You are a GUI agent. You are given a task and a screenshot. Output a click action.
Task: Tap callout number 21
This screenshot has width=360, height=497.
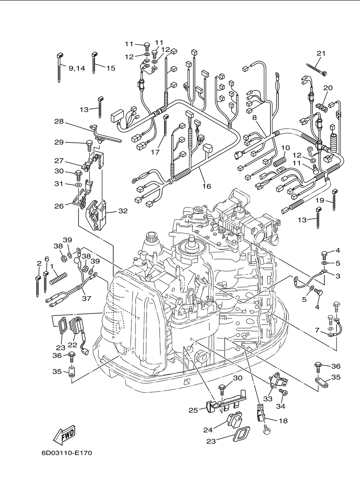[x=321, y=53]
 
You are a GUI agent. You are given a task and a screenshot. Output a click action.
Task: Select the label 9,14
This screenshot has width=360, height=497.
[x=77, y=68]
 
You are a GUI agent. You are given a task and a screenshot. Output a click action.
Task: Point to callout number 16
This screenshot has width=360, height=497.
[x=206, y=186]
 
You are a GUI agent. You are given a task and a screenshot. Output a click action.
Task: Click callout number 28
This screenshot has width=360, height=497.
[x=59, y=122]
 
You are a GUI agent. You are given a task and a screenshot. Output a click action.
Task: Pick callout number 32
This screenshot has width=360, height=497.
[x=123, y=211]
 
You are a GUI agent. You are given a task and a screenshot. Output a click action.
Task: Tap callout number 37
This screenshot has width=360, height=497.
[x=86, y=298]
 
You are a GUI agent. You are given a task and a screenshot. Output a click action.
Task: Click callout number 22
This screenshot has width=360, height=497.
[x=72, y=345]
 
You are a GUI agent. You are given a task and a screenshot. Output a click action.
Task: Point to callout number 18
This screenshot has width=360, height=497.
[x=283, y=421]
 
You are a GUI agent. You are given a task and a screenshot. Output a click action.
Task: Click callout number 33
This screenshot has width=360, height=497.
[x=268, y=399]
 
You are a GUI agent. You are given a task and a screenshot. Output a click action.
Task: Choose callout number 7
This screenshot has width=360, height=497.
[x=317, y=330]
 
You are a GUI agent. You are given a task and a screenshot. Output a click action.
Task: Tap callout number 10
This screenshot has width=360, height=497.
[x=286, y=148]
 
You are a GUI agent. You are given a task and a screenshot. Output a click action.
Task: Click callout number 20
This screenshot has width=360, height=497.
[x=328, y=88]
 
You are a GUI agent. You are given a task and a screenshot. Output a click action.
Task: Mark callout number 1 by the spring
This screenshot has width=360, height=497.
[x=52, y=266]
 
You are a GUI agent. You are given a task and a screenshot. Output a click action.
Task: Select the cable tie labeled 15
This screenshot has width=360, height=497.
[x=94, y=63]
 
